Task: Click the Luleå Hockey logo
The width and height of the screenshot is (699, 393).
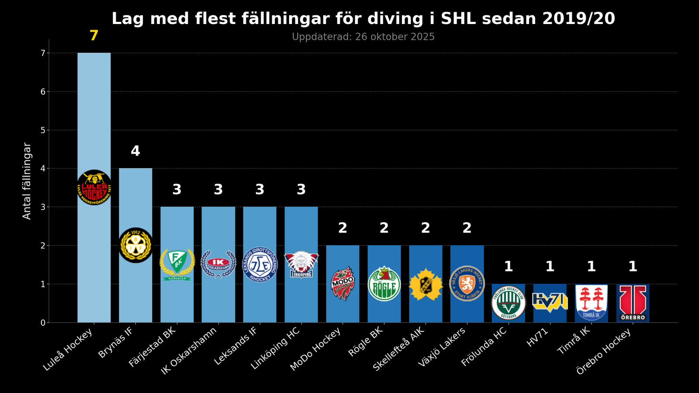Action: [x=94, y=187]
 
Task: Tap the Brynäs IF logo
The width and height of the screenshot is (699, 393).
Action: [x=135, y=245]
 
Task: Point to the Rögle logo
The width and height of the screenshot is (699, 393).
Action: [x=384, y=284]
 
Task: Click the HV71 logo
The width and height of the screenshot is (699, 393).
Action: [x=550, y=302]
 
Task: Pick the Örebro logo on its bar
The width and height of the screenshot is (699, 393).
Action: [x=633, y=303]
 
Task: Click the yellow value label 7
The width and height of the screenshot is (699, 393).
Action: [x=94, y=36]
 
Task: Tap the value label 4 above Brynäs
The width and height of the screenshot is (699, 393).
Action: [x=135, y=151]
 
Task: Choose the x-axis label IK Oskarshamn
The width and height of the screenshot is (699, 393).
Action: [x=189, y=350]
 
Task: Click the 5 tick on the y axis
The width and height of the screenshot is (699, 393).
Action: [x=43, y=130]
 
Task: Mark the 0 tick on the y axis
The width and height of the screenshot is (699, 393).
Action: [x=43, y=323]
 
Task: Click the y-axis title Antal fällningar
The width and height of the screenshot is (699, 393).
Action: [x=27, y=181]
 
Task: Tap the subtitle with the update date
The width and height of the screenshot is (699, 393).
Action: [x=363, y=37]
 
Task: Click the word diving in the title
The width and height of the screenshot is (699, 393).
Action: [x=397, y=19]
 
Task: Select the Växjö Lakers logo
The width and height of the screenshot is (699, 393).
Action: [x=467, y=283]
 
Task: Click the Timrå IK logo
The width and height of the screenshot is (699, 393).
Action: [x=591, y=303]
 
